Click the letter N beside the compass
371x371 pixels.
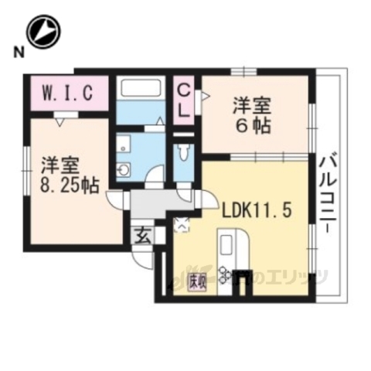[x=16, y=53]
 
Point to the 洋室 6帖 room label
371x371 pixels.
[x=254, y=114]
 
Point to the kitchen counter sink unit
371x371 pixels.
[x=231, y=250]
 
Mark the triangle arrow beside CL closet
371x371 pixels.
[x=205, y=96]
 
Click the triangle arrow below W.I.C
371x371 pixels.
[x=60, y=119]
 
